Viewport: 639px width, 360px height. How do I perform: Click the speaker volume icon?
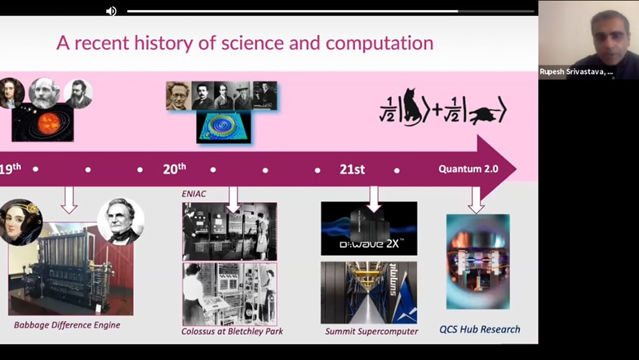pos(111,11)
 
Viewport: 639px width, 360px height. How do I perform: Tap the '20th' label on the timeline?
pos(174,168)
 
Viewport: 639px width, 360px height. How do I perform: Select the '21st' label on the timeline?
pos(352,169)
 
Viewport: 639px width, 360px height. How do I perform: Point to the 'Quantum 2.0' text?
pos(468,169)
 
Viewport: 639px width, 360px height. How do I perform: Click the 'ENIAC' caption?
pos(194,194)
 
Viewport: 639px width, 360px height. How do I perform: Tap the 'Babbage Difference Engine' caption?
pos(67,325)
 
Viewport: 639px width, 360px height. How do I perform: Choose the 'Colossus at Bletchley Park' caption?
pos(233,331)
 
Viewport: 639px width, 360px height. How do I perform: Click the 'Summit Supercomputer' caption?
pos(371,331)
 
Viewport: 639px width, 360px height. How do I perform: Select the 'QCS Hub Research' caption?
pos(480,329)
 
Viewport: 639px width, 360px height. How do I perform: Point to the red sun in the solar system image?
pos(49,123)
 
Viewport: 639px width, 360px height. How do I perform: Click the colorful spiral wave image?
pos(223,127)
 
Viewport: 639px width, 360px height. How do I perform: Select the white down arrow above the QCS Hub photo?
pos(476,200)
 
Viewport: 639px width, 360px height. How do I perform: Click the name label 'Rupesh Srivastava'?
pos(576,72)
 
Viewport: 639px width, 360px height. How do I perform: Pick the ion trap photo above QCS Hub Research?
pos(478,262)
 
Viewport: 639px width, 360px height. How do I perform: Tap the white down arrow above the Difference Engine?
pos(69,200)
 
